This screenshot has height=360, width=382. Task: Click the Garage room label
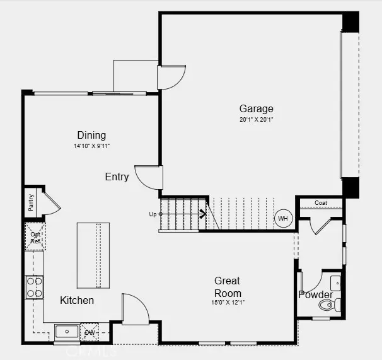256,108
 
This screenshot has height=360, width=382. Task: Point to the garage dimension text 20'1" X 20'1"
256,119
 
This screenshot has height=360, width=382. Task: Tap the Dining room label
91,135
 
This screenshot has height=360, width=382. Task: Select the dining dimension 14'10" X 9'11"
91,146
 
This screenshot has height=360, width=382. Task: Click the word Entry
117,177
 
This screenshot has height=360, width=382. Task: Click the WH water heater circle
283,219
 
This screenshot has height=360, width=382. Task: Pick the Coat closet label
321,203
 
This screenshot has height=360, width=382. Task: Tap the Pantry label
30,202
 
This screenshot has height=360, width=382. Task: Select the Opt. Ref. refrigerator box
35,237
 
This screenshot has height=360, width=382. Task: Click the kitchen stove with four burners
35,287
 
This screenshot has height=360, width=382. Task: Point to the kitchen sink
66,332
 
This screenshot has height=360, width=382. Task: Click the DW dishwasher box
90,332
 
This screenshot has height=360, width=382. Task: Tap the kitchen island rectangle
90,255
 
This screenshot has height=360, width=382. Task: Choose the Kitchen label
77,300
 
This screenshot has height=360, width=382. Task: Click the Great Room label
228,287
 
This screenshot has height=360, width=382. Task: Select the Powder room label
316,294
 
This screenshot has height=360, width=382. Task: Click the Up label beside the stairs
153,214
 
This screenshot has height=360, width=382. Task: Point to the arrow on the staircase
202,214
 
